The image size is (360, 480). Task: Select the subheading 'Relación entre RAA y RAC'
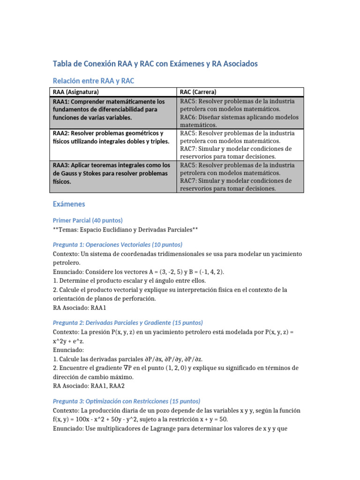(93, 81)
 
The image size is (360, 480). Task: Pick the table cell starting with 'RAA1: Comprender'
(112, 109)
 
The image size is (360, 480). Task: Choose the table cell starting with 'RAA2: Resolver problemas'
(112, 137)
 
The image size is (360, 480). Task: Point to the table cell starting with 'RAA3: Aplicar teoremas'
(112, 173)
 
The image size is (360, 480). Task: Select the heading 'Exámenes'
(68, 204)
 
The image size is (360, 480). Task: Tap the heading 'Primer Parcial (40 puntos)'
(88, 220)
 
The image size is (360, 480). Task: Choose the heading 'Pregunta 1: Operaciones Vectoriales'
(117, 245)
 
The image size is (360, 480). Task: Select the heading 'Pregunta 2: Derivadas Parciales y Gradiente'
(127, 323)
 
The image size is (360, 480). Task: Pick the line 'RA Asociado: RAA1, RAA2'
(89, 386)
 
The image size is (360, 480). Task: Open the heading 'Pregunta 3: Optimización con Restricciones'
(126, 401)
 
